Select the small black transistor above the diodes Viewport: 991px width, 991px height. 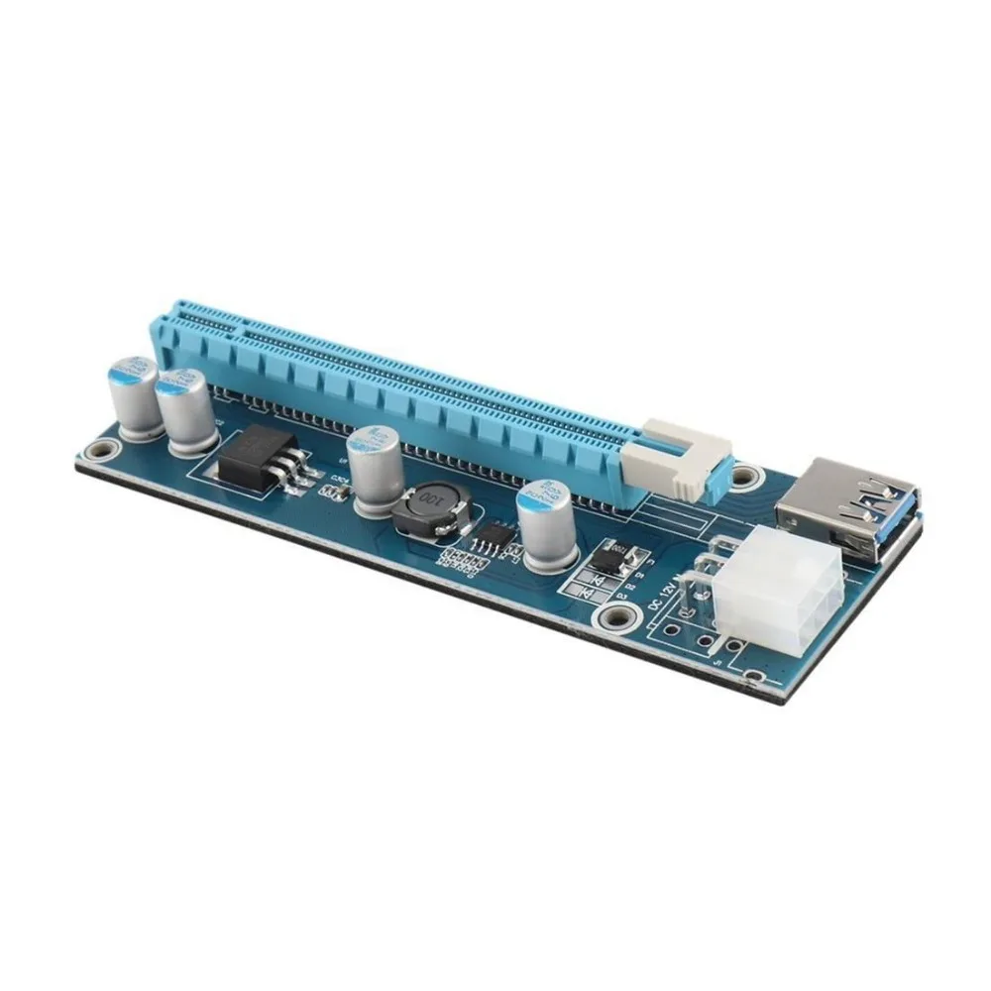(x=617, y=556)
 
